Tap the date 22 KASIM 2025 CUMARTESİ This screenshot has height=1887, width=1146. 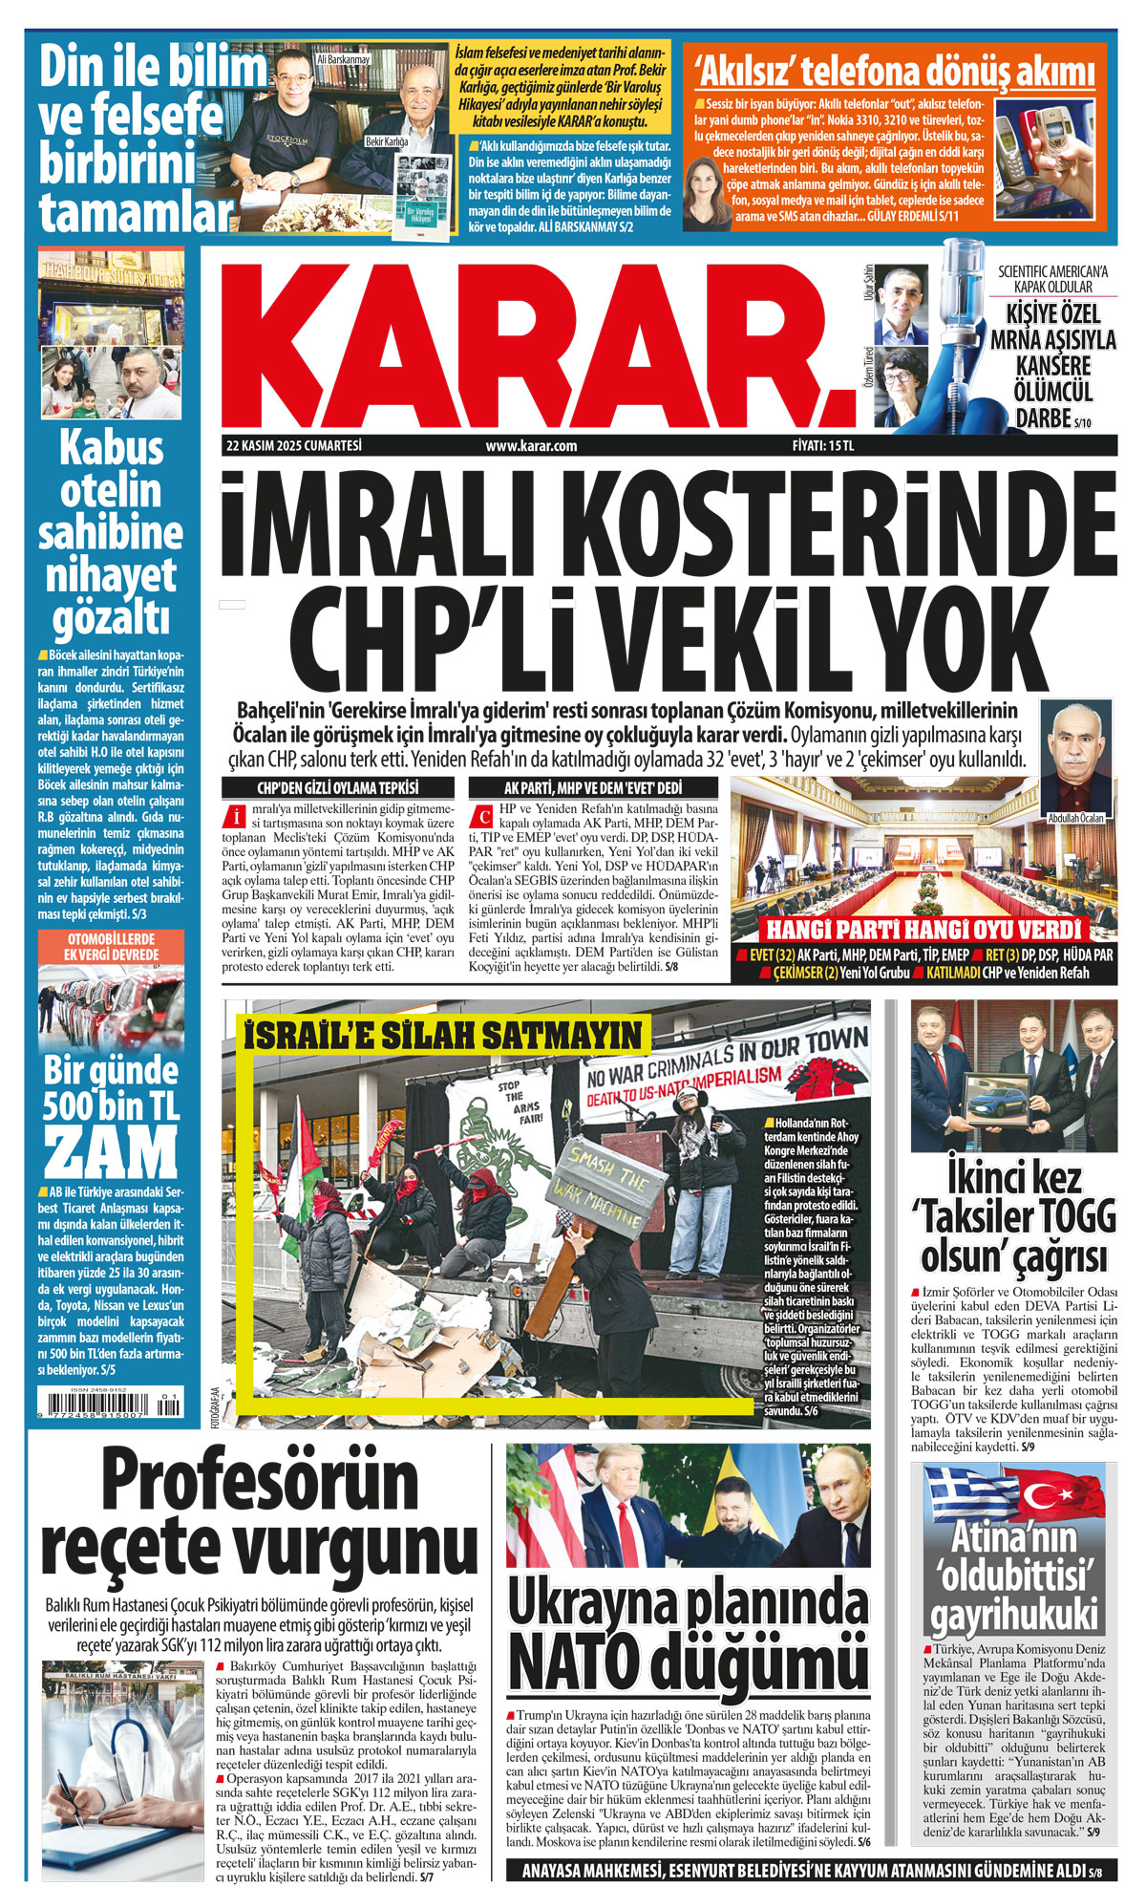(x=294, y=445)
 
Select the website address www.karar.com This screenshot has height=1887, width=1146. (x=531, y=445)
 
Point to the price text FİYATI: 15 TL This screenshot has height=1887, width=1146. (x=822, y=445)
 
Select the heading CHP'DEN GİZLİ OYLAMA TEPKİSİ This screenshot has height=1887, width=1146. (x=338, y=788)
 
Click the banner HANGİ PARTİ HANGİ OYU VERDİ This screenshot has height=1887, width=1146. (x=923, y=931)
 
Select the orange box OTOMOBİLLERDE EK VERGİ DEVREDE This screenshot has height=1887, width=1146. (x=111, y=947)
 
